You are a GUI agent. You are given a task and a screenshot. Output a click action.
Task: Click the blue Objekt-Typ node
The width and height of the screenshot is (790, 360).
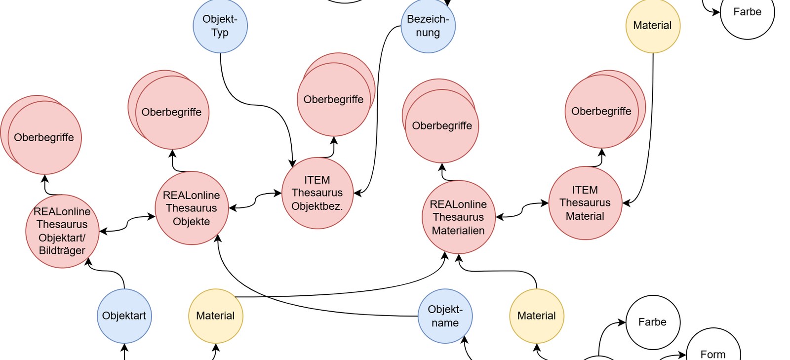coord(220,26)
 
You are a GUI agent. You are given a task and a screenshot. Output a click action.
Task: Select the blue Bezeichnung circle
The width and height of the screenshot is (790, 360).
coord(428,26)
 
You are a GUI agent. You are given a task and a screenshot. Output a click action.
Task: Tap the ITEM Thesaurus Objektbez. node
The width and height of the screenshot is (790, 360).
coord(317,193)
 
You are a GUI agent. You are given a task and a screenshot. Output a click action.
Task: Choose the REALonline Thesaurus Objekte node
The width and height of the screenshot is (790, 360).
coord(192,208)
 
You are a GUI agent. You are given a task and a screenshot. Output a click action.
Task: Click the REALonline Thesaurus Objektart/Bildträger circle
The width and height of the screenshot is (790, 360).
coord(62,231)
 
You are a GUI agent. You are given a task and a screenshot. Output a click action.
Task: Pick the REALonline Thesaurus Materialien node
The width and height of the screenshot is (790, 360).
coord(459,217)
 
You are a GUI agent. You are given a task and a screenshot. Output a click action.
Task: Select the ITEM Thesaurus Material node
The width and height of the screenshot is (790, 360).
coord(585,203)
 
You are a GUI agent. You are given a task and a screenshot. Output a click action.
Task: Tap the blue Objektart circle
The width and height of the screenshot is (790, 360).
coord(124,316)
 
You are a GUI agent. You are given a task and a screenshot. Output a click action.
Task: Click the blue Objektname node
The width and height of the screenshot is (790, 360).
coord(445,316)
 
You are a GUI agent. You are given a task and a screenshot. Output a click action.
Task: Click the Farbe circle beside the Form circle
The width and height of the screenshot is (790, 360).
coord(653,322)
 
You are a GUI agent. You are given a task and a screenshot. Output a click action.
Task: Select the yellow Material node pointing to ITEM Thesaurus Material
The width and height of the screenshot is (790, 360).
coord(653,26)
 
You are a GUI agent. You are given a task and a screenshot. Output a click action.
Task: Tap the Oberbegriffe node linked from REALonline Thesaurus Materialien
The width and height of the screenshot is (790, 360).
coord(440,121)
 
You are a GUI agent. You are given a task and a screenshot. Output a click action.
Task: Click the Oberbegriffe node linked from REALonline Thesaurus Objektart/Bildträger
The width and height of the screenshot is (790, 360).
coord(41,135)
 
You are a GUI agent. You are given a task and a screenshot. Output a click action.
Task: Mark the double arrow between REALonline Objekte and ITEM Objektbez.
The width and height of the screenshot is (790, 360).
coord(255,200)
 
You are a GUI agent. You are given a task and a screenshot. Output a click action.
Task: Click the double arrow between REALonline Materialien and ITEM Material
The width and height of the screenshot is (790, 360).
coord(522,210)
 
